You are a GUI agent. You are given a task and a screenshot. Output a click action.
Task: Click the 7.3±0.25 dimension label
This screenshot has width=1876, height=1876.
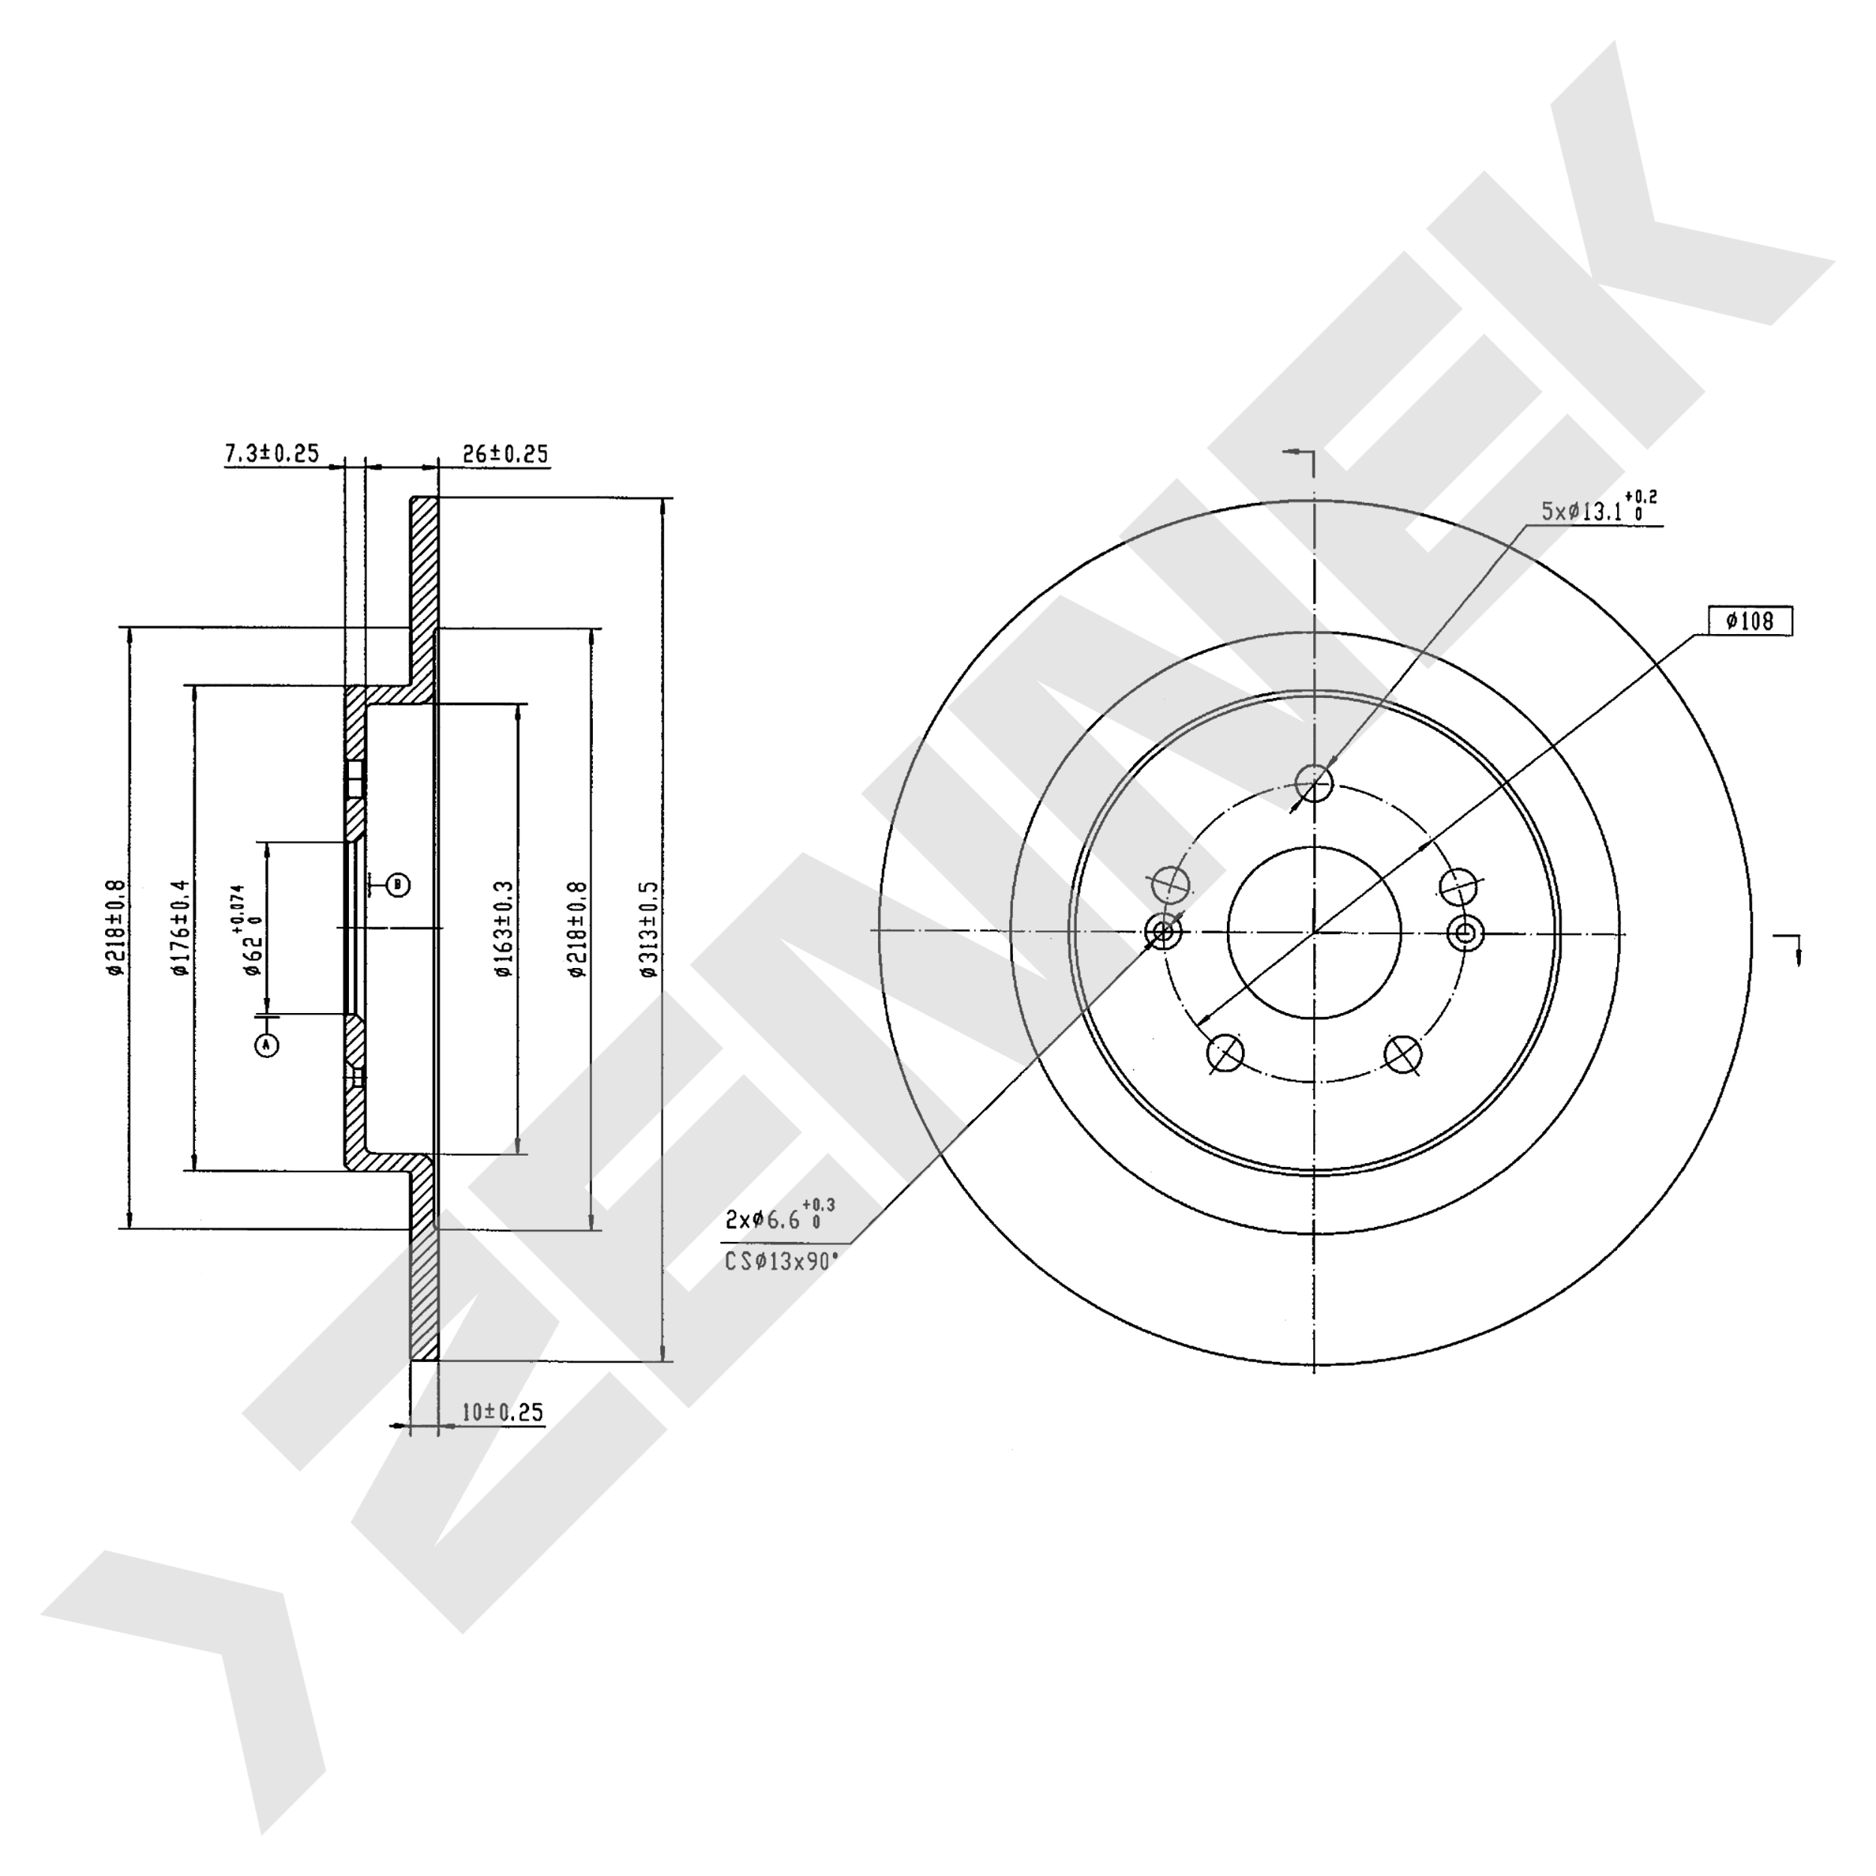[272, 453]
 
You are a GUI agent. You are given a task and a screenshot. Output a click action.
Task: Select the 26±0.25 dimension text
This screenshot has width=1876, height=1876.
[505, 453]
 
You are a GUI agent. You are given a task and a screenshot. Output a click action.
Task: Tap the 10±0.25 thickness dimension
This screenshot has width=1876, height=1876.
[502, 1412]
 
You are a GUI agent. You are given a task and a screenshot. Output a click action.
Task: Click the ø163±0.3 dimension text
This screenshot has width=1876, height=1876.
[503, 928]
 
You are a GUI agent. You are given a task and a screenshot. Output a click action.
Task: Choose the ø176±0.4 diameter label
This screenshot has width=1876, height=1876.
[179, 928]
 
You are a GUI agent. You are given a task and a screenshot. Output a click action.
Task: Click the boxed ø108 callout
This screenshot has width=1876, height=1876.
[1751, 621]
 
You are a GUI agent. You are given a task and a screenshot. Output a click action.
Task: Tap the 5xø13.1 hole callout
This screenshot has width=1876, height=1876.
[1599, 507]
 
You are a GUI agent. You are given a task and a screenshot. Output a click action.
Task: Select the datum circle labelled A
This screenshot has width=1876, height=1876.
[266, 1045]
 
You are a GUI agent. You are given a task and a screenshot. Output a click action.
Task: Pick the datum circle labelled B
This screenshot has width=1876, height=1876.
[398, 885]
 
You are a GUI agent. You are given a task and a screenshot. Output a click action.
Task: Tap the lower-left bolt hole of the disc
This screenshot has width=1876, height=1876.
[1225, 1053]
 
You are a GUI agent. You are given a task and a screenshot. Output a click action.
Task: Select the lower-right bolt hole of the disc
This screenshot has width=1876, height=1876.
[1403, 1053]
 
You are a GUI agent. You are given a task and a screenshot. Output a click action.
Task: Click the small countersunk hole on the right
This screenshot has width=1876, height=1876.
[1466, 934]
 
